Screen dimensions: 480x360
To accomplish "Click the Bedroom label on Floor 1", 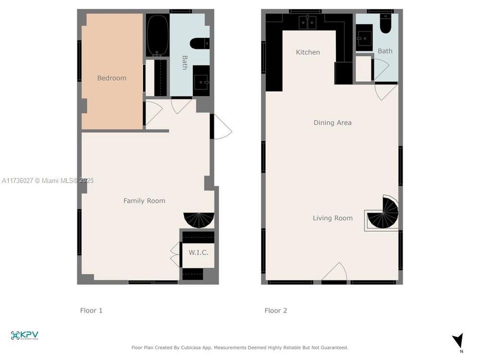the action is click(x=111, y=78).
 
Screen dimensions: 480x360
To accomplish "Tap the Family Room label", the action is click(x=144, y=201).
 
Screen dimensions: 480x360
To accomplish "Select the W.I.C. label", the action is click(x=198, y=252).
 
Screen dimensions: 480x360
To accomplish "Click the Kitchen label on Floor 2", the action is click(x=307, y=52).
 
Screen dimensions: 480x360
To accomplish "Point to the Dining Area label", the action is click(x=332, y=123).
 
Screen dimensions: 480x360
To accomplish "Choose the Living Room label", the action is click(x=332, y=218).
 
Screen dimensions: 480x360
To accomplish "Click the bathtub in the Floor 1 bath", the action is click(x=157, y=35).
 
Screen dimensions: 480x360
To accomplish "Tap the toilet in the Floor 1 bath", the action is click(x=199, y=43).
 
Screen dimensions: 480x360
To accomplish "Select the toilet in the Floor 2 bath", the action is click(x=385, y=23).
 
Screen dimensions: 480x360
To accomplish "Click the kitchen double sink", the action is click(x=307, y=22).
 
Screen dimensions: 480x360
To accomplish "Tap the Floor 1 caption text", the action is click(x=91, y=310).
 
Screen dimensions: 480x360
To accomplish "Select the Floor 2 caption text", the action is click(x=276, y=310).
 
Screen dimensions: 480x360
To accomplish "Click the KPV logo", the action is click(x=24, y=335).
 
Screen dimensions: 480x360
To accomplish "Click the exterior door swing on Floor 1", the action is click(x=223, y=126).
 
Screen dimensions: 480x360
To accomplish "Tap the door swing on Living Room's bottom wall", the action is click(x=334, y=271).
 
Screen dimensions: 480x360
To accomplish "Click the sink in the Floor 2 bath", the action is click(x=364, y=38).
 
